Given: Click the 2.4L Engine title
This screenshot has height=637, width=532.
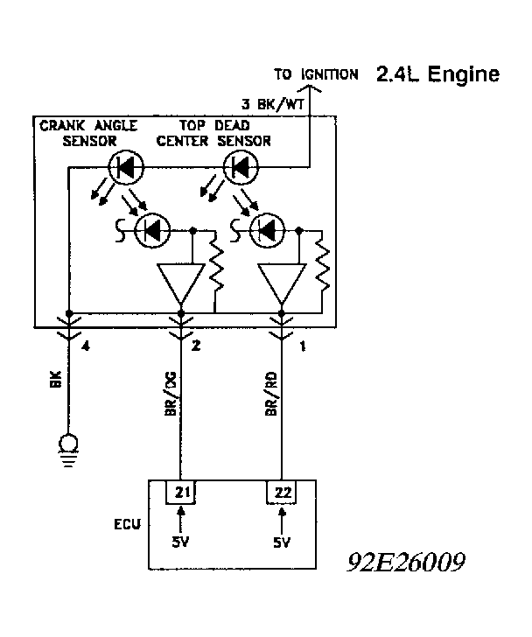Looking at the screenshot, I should (x=437, y=73).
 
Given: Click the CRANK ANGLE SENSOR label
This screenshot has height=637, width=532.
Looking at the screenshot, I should (x=87, y=133).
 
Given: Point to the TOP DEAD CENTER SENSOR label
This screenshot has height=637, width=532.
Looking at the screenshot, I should (x=220, y=133).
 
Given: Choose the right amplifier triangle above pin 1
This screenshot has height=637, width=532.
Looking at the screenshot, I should (x=282, y=283).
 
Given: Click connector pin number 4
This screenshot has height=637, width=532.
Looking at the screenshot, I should (x=85, y=347).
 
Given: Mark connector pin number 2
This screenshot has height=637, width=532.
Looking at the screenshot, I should (x=197, y=347).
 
